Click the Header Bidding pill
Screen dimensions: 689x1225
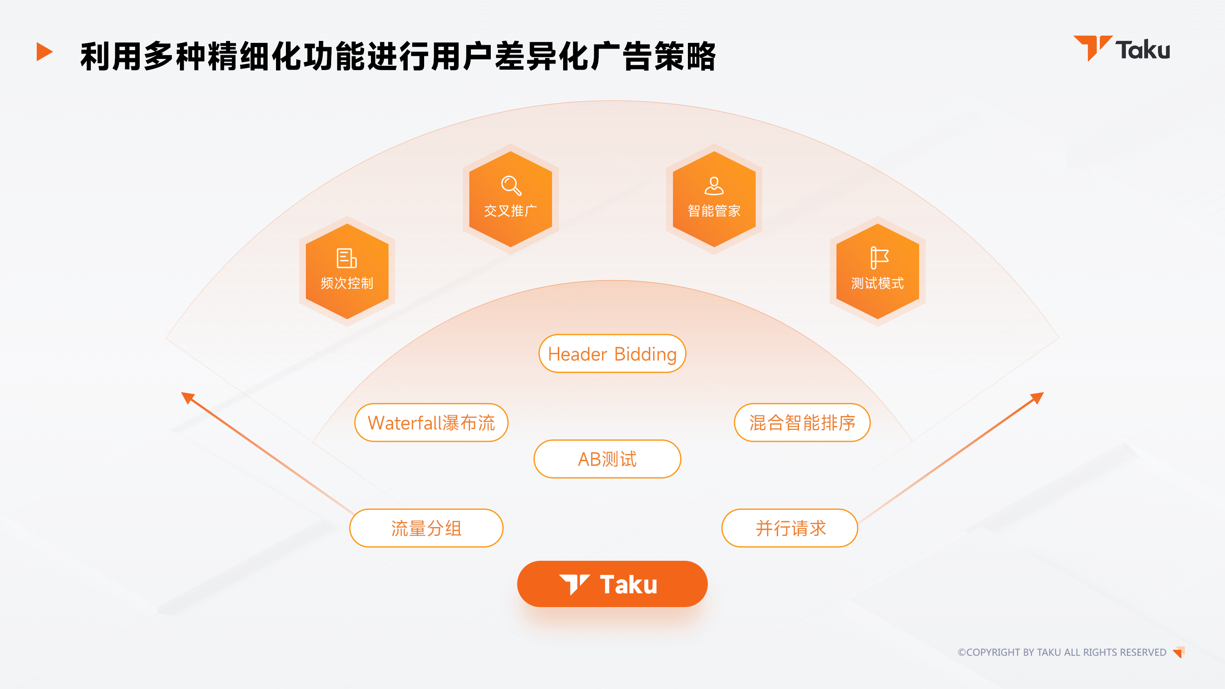[612, 354]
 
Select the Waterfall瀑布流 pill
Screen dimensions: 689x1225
[431, 423]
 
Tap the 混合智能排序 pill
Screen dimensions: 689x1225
[802, 423]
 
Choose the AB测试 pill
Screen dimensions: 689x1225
[607, 459]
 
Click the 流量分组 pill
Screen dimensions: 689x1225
[426, 528]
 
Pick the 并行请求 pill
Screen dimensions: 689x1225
[790, 528]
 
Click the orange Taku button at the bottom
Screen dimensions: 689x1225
[612, 584]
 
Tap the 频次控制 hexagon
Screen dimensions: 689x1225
[347, 271]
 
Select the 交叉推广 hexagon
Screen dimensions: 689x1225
[510, 199]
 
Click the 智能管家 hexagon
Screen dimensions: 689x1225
[714, 199]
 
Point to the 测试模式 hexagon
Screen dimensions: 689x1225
[877, 271]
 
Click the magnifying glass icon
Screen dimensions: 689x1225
[511, 185]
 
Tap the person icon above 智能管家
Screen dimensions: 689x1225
[714, 185]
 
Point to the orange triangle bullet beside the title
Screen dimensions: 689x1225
[44, 51]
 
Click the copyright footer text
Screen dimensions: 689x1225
[1062, 652]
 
